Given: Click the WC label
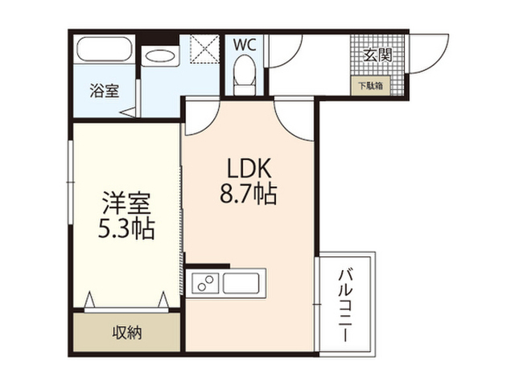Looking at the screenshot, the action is coord(245,45).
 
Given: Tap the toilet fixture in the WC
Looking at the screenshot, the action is coord(244,75).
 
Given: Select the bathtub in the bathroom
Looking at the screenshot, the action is coord(104,49).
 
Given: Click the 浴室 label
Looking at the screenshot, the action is coord(105,91).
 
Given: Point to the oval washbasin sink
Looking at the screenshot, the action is coord(160,56).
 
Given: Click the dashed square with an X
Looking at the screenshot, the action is coord(204,49).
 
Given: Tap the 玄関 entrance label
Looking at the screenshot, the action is coord(378,55).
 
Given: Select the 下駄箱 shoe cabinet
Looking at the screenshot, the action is coord(370,86).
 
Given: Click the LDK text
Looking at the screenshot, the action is coord(249,168).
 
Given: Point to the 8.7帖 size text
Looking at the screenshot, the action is coord(249,193).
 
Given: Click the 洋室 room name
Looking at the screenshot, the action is coord(126,203).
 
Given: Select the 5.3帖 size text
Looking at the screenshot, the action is coord(126,228).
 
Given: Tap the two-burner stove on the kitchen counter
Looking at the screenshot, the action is coord(205,283).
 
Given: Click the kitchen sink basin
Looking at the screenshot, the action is coord(241,283).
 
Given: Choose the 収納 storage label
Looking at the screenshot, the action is coord(127,333).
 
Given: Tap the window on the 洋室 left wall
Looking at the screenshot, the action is coord(70,183).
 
